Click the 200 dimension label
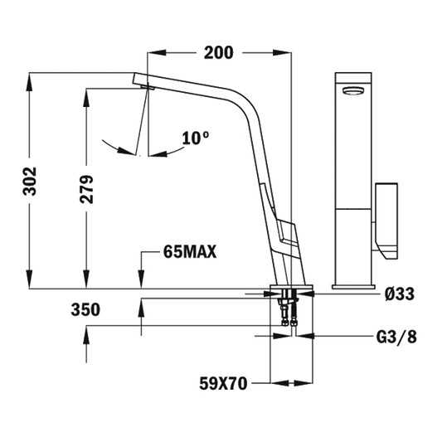click(218, 53)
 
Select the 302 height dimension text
click(30, 182)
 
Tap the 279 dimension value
click(86, 189)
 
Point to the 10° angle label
click(196, 138)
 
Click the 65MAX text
click(190, 251)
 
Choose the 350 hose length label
click(85, 309)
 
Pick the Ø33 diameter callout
click(400, 294)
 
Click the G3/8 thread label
click(396, 337)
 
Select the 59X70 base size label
click(223, 383)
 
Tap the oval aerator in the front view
click(353, 90)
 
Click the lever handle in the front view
click(386, 221)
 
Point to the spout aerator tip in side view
click(148, 88)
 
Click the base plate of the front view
click(353, 287)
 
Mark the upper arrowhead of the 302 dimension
click(29, 82)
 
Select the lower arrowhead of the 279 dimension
click(86, 279)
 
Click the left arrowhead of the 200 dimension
click(157, 53)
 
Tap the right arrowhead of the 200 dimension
click(282, 53)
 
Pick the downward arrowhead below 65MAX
click(141, 279)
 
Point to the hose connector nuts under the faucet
click(289, 322)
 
